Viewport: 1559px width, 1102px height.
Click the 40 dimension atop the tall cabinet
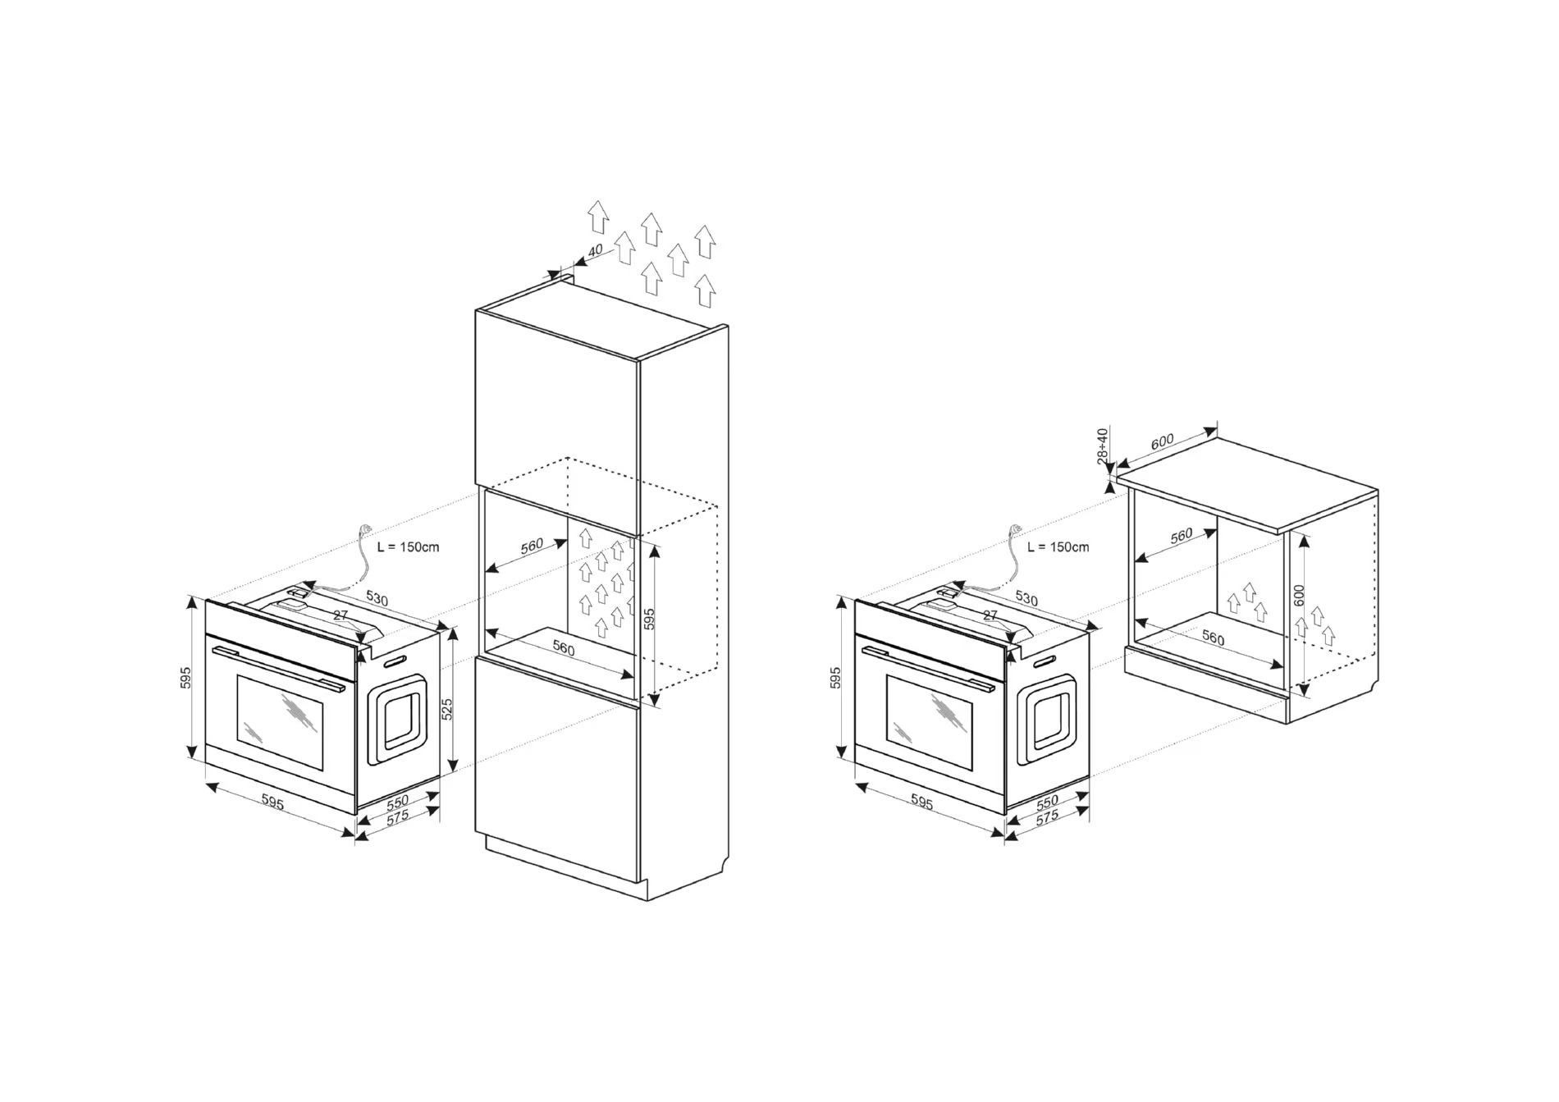pos(596,250)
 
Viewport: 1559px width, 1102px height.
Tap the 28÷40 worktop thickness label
pos(1102,445)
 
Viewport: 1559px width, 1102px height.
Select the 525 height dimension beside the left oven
pos(447,709)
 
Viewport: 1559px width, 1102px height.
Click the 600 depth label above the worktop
pos(1162,442)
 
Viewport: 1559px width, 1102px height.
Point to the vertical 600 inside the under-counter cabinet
pos(1299,595)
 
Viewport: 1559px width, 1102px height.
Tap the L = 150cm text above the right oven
pos(1058,546)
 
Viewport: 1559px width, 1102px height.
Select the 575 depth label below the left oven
pos(397,818)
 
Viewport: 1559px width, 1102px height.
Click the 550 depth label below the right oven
pos(1047,801)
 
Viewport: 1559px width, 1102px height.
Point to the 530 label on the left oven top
pos(377,598)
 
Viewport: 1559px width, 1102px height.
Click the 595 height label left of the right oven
pos(835,678)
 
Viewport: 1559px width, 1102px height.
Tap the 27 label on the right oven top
pos(990,615)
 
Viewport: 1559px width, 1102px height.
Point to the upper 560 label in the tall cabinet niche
pos(533,546)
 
